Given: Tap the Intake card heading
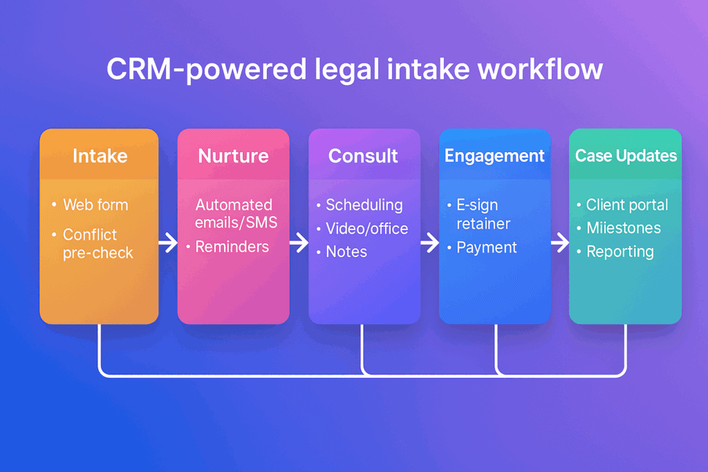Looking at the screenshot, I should [x=100, y=155].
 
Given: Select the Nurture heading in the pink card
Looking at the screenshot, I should [x=233, y=155].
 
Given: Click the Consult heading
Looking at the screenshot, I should [x=363, y=155].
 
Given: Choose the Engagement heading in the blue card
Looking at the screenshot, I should [x=494, y=155].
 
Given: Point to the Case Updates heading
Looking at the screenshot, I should [x=626, y=155].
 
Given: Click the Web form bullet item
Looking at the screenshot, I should [x=95, y=205].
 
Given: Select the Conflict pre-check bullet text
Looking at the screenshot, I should [x=97, y=243].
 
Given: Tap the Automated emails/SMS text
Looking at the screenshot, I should [x=235, y=213].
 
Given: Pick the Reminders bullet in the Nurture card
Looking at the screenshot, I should [x=232, y=247].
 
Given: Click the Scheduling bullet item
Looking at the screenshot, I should [x=364, y=205].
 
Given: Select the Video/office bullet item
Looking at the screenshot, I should [x=366, y=228].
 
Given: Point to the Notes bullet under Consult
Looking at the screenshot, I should [x=346, y=252].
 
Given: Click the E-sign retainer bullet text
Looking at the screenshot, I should [x=483, y=214].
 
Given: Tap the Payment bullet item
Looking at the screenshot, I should [x=487, y=247].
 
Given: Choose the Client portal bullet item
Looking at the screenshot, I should [x=626, y=205].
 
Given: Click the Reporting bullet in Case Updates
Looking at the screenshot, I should [x=619, y=252].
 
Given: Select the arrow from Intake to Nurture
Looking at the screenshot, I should [x=167, y=243].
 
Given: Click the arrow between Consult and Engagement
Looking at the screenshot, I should [x=429, y=243].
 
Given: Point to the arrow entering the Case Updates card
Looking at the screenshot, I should [x=560, y=243].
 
